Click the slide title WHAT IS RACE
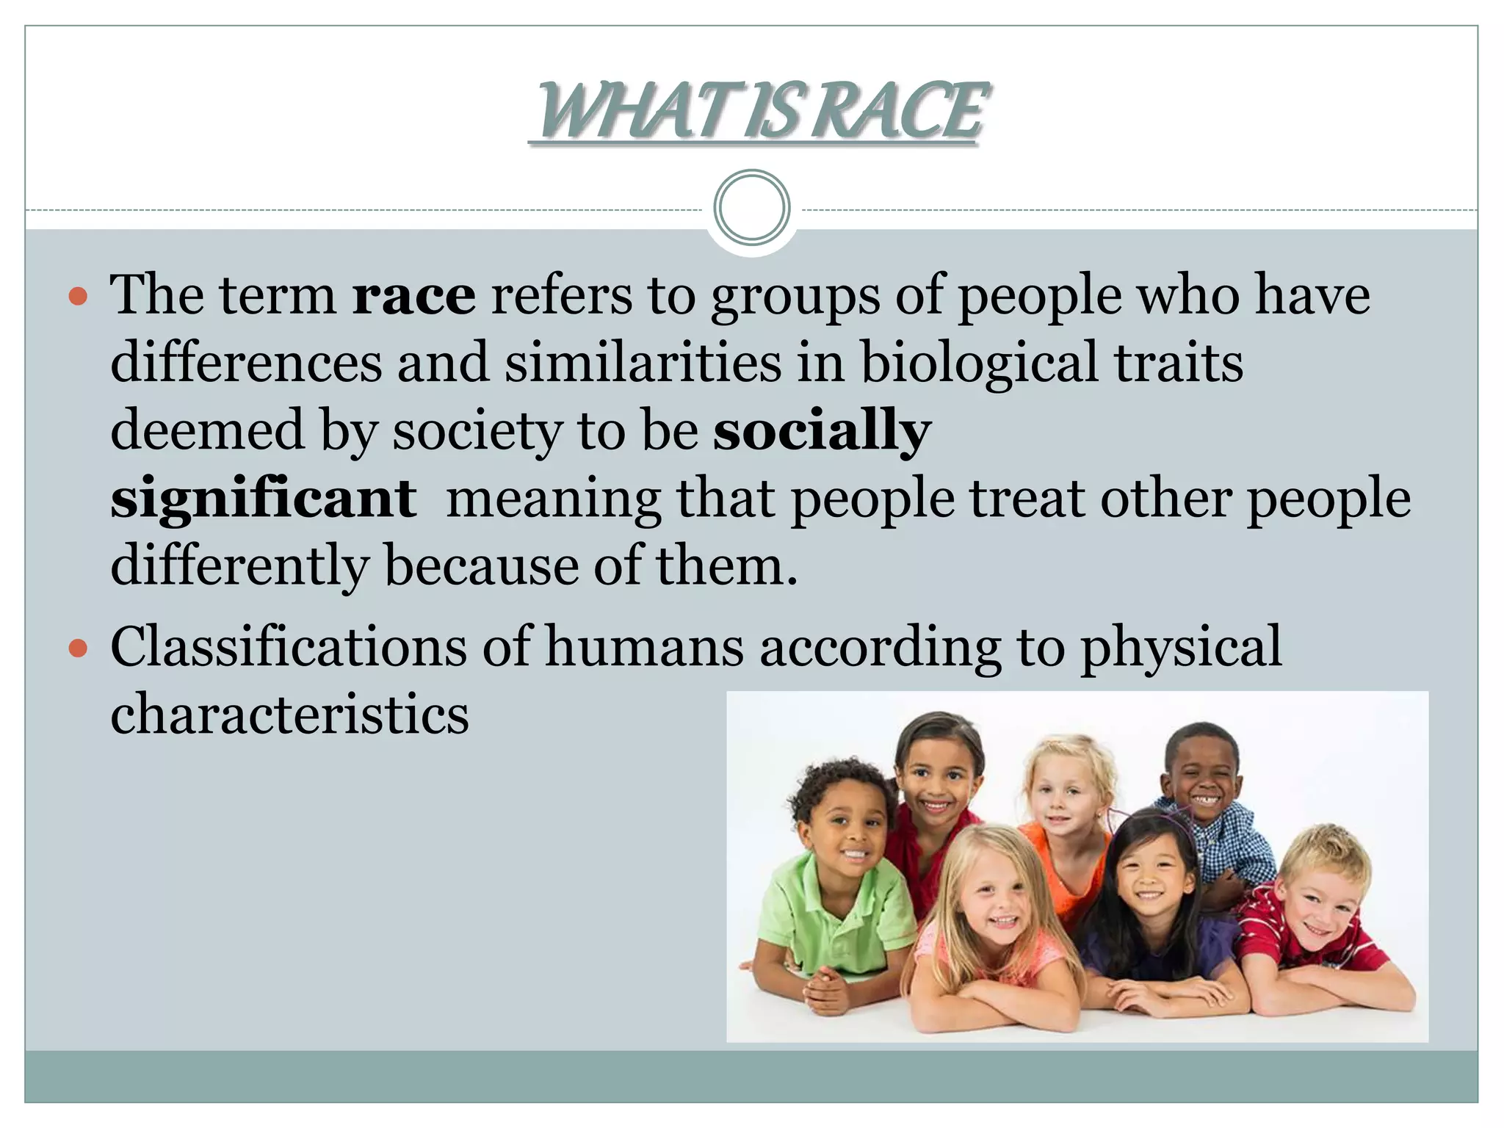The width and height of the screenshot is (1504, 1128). pos(760,112)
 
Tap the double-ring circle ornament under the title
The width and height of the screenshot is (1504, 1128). pos(751,208)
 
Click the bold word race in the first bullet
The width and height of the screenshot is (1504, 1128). pos(413,295)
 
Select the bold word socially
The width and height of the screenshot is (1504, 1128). pos(822,431)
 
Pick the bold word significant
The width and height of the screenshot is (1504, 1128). pos(264,499)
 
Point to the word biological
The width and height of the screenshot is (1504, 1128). pos(979,363)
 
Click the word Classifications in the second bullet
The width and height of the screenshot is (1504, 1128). pos(289,647)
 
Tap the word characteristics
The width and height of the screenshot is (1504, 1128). pos(289,715)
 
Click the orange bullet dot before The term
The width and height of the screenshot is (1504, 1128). pos(78,297)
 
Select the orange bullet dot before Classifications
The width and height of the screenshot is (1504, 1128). pos(78,648)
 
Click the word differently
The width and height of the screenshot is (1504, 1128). pos(240,566)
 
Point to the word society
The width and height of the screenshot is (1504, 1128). pos(477,431)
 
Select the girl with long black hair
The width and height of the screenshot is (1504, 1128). pos(1153,881)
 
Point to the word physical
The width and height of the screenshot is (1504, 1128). pos(1181,647)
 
